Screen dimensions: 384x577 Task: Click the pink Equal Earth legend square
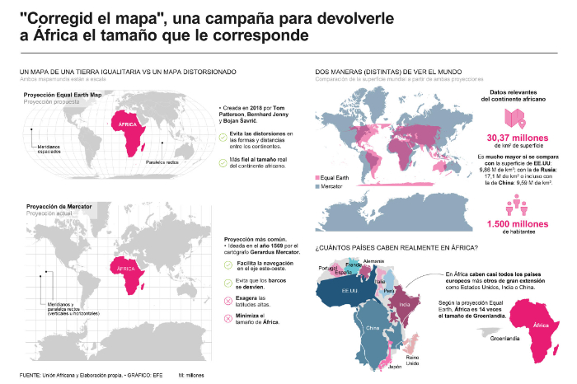(x=318, y=177)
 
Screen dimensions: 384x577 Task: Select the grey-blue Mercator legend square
(x=318, y=187)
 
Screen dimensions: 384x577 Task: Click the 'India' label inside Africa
(x=405, y=303)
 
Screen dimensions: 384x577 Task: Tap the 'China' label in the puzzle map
(x=372, y=326)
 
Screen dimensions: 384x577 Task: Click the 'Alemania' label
(x=374, y=260)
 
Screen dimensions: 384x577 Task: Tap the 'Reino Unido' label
(x=414, y=337)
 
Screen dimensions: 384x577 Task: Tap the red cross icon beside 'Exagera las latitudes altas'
(x=228, y=299)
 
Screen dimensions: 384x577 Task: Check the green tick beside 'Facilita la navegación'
(x=228, y=265)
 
